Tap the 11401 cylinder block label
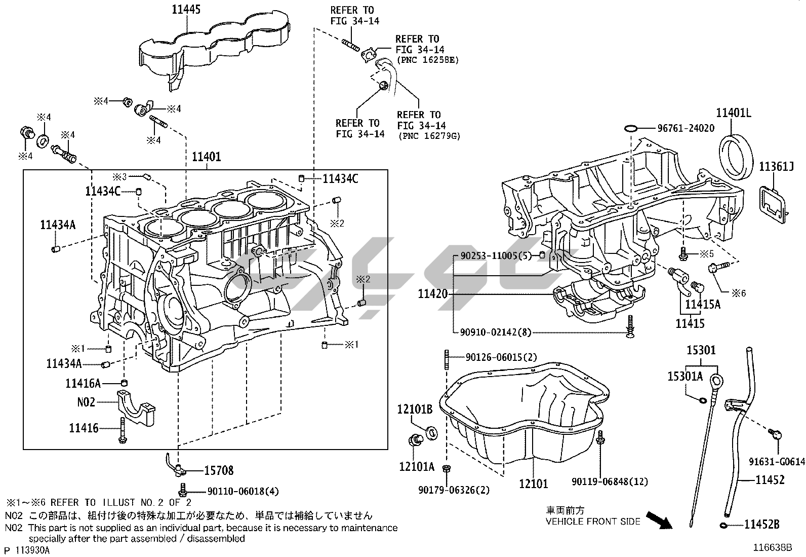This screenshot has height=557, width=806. (206, 157)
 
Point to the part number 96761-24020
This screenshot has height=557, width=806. (686, 128)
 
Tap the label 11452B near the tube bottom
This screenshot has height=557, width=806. (761, 525)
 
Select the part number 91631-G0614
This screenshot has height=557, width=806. (777, 461)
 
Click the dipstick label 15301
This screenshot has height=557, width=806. (701, 350)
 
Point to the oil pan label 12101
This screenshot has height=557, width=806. (533, 484)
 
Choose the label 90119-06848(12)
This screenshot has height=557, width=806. (610, 481)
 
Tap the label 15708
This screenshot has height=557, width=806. (219, 471)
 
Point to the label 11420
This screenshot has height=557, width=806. (433, 293)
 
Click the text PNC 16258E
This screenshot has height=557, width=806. (427, 60)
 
